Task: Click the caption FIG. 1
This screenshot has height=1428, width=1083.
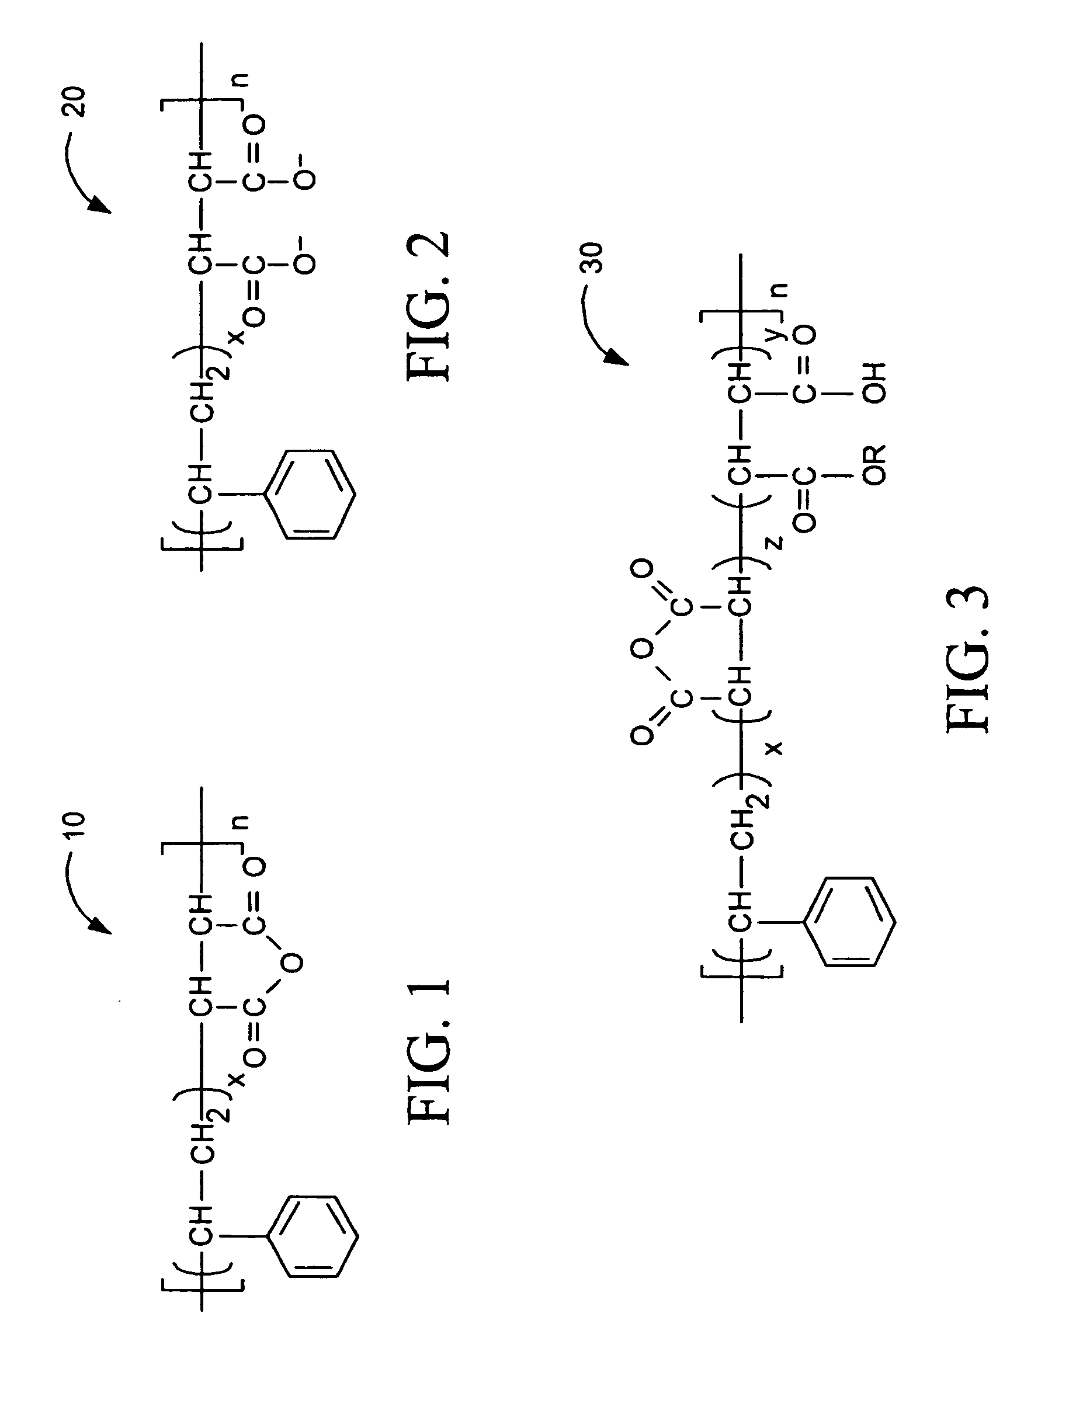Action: click(428, 1053)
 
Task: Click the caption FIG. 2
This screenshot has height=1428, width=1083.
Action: click(428, 306)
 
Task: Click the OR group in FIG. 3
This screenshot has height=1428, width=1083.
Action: click(875, 464)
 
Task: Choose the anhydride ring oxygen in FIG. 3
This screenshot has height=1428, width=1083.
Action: click(641, 649)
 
